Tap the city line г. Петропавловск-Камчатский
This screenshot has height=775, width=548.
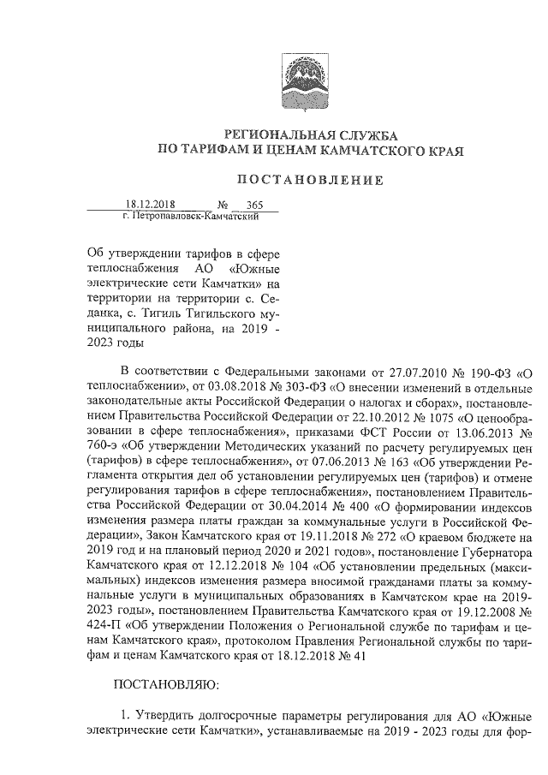[x=190, y=218]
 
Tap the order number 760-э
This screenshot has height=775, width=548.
[x=105, y=446]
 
